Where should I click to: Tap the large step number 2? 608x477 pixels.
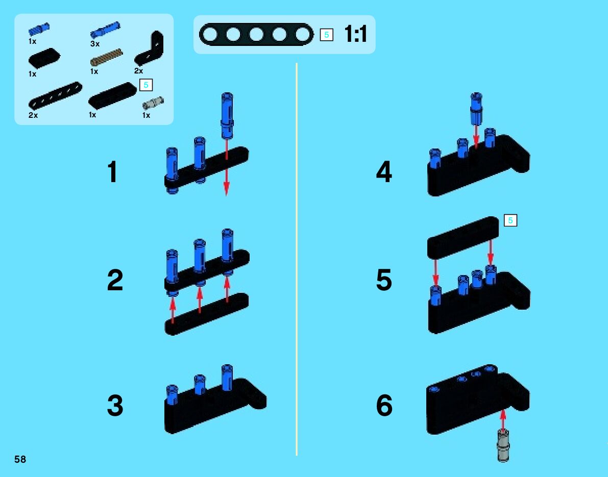(x=115, y=281)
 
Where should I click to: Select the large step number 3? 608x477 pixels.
(x=115, y=406)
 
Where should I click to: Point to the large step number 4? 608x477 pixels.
(x=384, y=172)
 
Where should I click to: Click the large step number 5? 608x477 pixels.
(x=384, y=281)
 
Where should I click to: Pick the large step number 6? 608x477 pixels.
(x=384, y=406)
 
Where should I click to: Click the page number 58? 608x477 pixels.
(x=20, y=460)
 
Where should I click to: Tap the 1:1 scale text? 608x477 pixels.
(x=356, y=35)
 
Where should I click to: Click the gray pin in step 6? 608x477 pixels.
(x=503, y=445)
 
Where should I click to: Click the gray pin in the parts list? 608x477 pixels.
(x=152, y=103)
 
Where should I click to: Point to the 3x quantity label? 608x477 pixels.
(x=95, y=44)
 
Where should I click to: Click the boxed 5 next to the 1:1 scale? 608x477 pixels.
(x=327, y=35)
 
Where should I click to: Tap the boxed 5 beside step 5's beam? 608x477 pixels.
(x=510, y=220)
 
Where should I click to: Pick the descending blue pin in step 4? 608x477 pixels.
(x=476, y=108)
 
